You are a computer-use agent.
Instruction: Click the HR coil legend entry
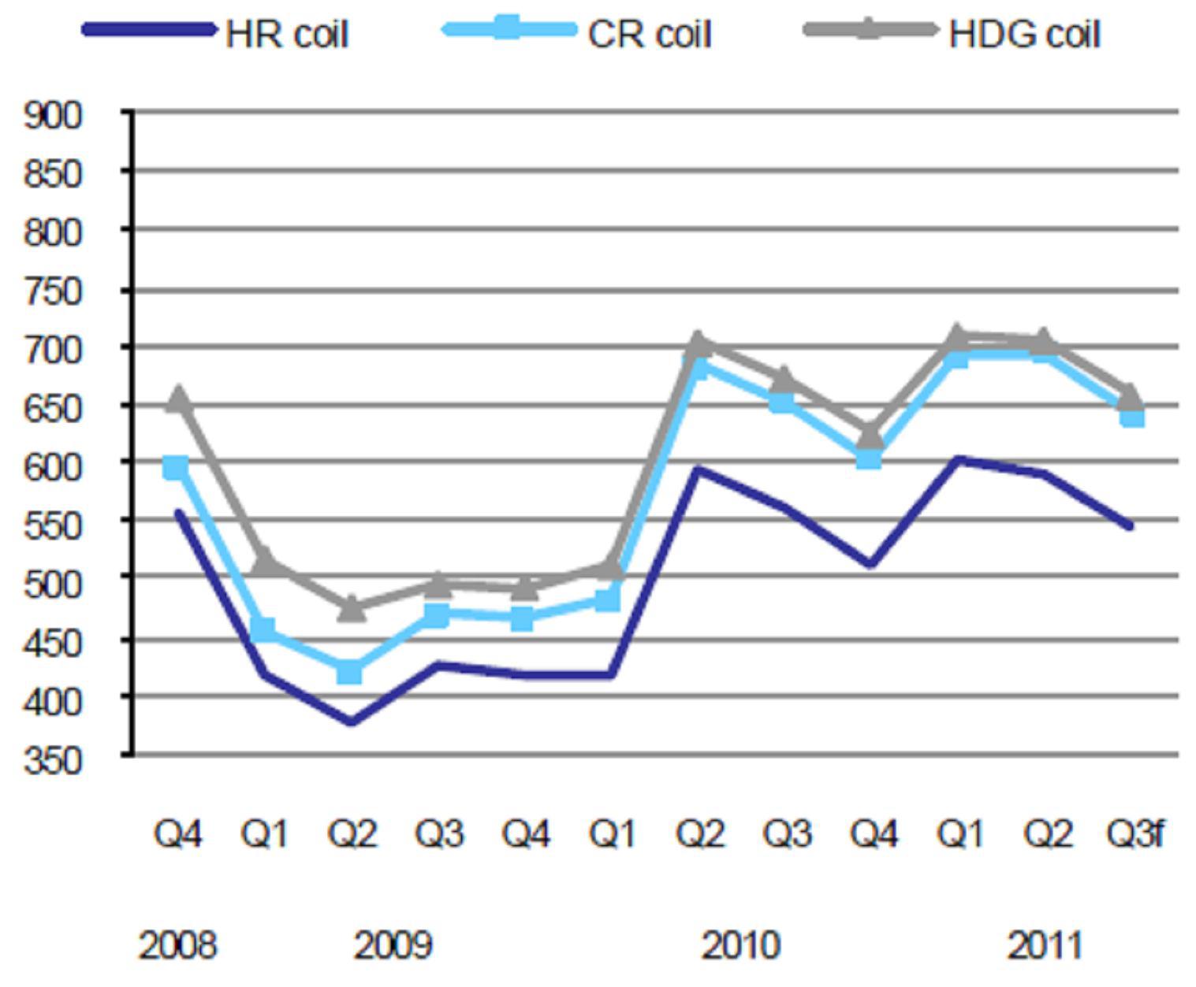(x=216, y=32)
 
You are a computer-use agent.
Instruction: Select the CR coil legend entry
(x=577, y=32)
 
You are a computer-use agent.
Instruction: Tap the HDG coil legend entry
(x=952, y=32)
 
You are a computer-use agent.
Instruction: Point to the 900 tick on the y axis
(x=53, y=115)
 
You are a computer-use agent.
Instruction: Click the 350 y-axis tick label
(x=53, y=761)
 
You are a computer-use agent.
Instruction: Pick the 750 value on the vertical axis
(x=53, y=292)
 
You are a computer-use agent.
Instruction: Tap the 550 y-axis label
(x=53, y=526)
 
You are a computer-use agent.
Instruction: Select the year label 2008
(x=177, y=945)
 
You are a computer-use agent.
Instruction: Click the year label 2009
(x=393, y=945)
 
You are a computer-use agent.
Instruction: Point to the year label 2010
(x=741, y=945)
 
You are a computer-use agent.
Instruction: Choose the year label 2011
(x=1045, y=945)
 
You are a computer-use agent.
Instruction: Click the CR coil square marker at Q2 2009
(x=349, y=671)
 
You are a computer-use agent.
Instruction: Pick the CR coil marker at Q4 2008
(x=176, y=467)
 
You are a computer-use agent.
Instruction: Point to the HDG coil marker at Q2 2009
(x=352, y=608)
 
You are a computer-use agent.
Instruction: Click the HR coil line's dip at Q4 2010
(x=870, y=564)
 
